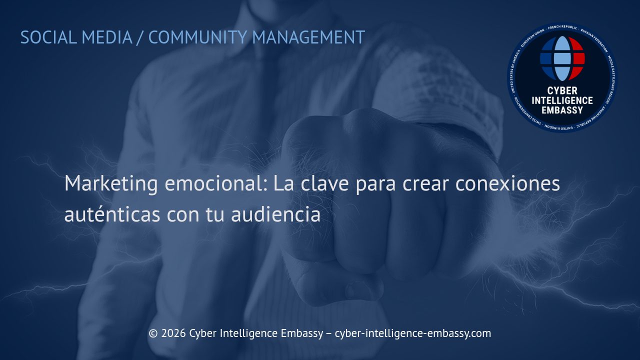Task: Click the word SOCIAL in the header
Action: (x=48, y=37)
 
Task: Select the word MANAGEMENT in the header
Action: (x=308, y=37)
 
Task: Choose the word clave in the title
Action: (x=325, y=184)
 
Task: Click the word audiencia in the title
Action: (x=275, y=215)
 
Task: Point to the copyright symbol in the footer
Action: (x=153, y=333)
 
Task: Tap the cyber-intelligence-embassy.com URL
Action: (x=412, y=333)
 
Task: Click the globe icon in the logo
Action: (x=562, y=58)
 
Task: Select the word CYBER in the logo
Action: (x=562, y=91)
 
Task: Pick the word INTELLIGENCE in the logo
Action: (x=562, y=100)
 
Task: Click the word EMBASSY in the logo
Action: (x=562, y=110)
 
